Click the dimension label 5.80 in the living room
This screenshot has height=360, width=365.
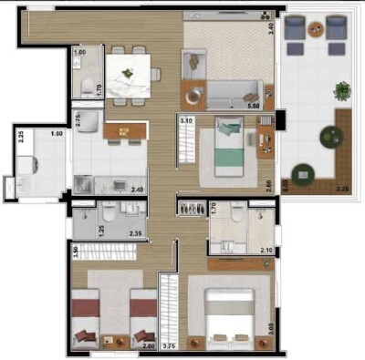253,106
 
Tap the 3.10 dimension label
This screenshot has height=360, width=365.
185,119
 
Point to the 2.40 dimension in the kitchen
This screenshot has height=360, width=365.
137,190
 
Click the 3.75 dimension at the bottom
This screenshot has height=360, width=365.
169,345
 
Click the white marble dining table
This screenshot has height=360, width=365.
128,76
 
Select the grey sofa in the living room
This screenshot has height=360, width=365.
235,91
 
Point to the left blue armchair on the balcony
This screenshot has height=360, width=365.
295,29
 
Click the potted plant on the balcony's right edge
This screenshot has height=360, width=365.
342,90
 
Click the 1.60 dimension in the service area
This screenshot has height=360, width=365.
57,134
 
